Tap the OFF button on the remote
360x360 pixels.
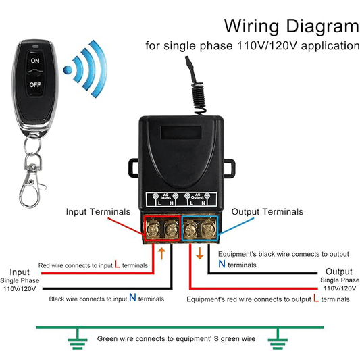34,86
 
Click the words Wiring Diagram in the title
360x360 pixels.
291,26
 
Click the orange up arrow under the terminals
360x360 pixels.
162,254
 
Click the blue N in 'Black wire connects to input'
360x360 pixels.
132,297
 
